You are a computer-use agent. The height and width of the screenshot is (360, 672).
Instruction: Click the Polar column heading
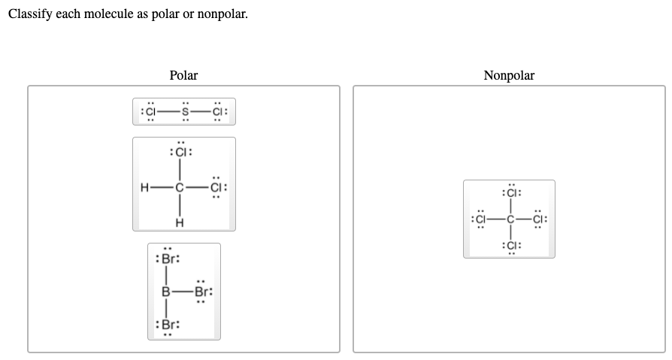click(183, 75)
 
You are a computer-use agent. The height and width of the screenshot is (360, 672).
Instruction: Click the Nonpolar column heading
click(509, 75)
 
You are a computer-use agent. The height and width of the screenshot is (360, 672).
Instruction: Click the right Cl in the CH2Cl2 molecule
click(217, 187)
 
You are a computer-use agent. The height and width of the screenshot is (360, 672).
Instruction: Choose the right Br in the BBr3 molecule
click(202, 291)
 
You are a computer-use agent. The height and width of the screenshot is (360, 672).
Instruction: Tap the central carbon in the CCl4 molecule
click(509, 219)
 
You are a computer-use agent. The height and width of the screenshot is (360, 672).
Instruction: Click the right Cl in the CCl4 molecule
click(540, 219)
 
